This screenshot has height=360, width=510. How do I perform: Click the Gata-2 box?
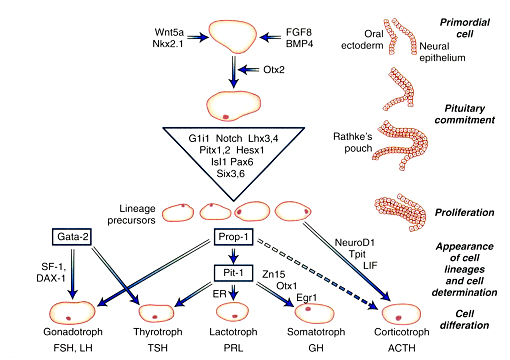[x=72, y=237]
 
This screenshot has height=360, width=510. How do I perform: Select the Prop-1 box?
[x=233, y=237]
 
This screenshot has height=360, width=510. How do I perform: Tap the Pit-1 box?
[x=233, y=273]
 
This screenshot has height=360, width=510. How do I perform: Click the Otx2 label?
[x=274, y=70]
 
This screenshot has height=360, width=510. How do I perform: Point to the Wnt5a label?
[x=169, y=32]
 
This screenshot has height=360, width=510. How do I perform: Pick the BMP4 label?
[x=299, y=44]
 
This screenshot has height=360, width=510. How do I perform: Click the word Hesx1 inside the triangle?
[x=250, y=150]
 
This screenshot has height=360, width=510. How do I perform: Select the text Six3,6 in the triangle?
[x=231, y=173]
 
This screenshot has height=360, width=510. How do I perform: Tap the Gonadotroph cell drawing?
[x=72, y=312]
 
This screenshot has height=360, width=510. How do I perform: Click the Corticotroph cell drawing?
[x=401, y=314]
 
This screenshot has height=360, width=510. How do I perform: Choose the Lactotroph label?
[x=233, y=332]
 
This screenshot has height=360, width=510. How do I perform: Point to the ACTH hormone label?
[x=402, y=348]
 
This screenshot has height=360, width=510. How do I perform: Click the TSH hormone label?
[x=157, y=348]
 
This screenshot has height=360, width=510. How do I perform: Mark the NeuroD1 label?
[x=355, y=242]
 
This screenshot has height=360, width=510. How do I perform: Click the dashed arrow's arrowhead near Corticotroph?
[x=372, y=305]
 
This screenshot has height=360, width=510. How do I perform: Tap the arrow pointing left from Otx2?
[x=248, y=70]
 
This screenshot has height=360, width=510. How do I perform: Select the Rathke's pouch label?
[x=353, y=142]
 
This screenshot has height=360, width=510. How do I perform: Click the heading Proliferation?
[x=464, y=212]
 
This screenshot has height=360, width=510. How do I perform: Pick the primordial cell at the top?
[x=233, y=37]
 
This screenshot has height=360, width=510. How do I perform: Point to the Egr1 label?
[x=307, y=298]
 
